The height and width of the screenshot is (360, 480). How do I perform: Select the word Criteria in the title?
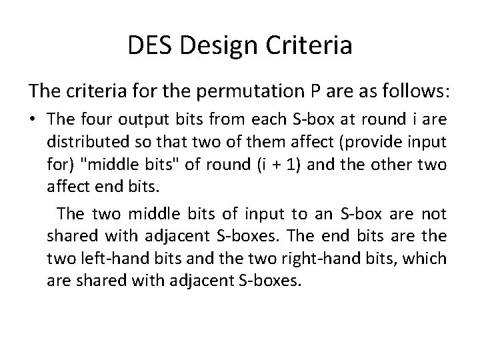click(309, 46)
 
